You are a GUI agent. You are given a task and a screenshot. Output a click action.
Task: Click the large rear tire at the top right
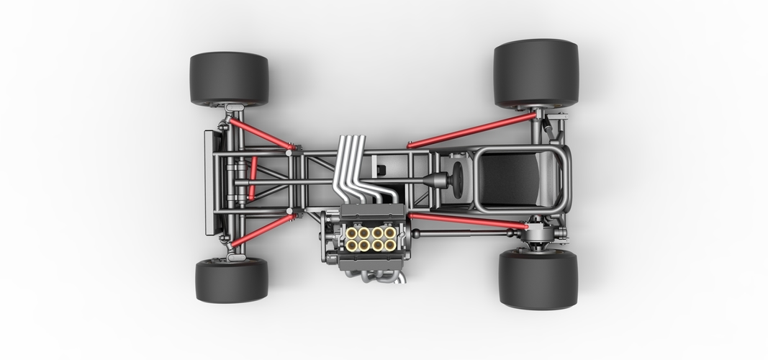click(x=536, y=73)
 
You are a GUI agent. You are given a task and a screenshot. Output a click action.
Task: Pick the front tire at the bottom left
click(x=231, y=280)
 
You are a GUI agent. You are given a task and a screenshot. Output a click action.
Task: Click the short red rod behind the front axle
click(x=252, y=178)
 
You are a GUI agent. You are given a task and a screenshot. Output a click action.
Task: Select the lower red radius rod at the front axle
click(x=261, y=230)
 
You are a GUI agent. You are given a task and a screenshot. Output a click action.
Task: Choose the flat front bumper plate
click(x=209, y=182)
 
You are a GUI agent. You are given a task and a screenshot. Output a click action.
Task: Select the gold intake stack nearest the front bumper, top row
click(x=352, y=233)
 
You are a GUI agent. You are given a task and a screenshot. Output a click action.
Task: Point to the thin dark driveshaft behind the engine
click(x=461, y=233)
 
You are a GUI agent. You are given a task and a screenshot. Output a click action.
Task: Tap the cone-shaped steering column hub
click(x=433, y=180)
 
